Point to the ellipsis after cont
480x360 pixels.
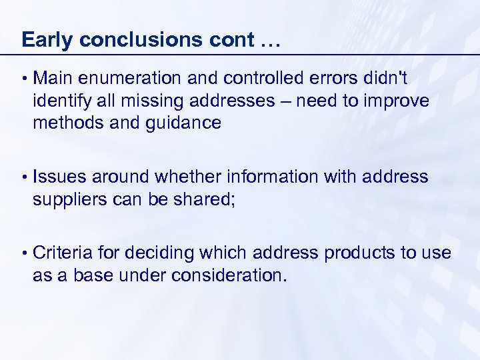pyautogui.click(x=267, y=41)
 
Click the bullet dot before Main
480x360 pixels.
pyautogui.click(x=24, y=79)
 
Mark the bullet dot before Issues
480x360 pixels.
pyautogui.click(x=24, y=177)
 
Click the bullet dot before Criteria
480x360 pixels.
pyautogui.click(x=24, y=254)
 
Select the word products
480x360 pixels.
pyautogui.click(x=361, y=254)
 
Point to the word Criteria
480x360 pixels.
pyautogui.click(x=63, y=253)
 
